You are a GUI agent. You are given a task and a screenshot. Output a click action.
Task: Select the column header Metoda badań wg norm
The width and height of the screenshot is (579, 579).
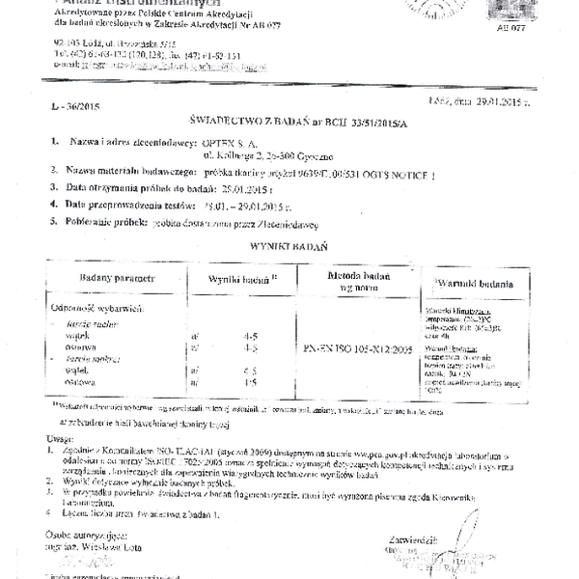(345, 281)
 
